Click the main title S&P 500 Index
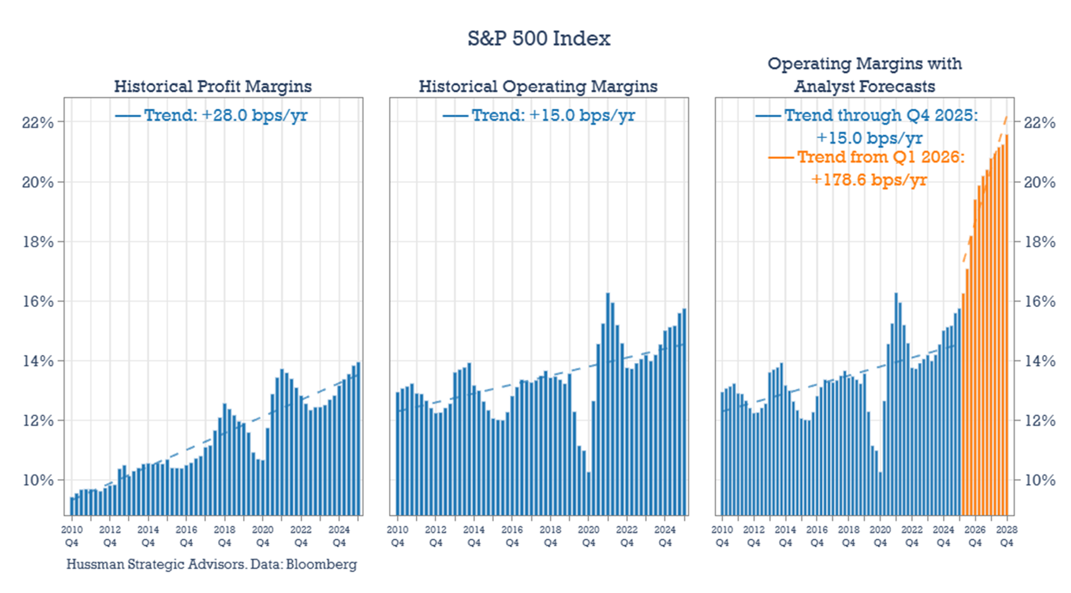pyautogui.click(x=538, y=39)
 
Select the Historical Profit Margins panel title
pyautogui.click(x=213, y=86)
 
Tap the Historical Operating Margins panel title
pyautogui.click(x=538, y=86)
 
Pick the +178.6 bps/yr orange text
pyautogui.click(x=869, y=180)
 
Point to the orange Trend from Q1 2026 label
pyautogui.click(x=880, y=157)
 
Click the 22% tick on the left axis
pyautogui.click(x=37, y=123)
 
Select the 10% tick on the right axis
pyautogui.click(x=1040, y=480)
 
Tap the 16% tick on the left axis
pyautogui.click(x=37, y=301)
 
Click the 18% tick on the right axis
pyautogui.click(x=1040, y=242)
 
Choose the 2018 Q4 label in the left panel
pyautogui.click(x=224, y=536)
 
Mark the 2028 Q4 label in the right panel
pyautogui.click(x=1006, y=536)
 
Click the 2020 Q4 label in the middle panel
pyautogui.click(x=588, y=536)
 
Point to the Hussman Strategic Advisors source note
pyautogui.click(x=212, y=564)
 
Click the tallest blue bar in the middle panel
pyautogui.click(x=608, y=405)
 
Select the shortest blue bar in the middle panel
pyautogui.click(x=588, y=494)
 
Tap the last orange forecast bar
pyautogui.click(x=1007, y=326)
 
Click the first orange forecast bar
pyautogui.click(x=964, y=405)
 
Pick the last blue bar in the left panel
pyautogui.click(x=358, y=439)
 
